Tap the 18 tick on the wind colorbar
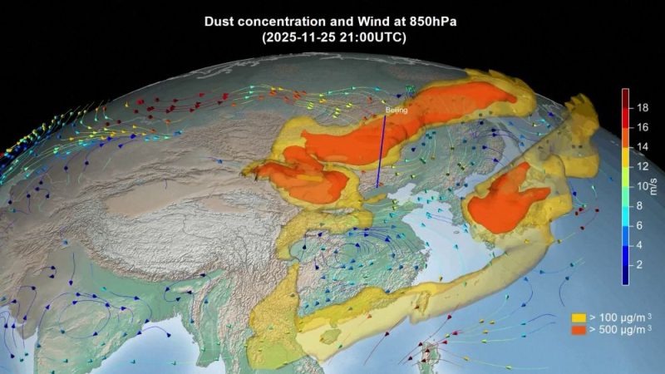pos(643,108)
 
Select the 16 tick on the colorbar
pos(643,127)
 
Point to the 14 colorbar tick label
pos(643,146)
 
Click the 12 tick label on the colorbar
pos(643,166)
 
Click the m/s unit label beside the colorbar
pos(654,186)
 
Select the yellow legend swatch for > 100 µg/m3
pos(578,317)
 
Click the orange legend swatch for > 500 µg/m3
pos(578,330)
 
